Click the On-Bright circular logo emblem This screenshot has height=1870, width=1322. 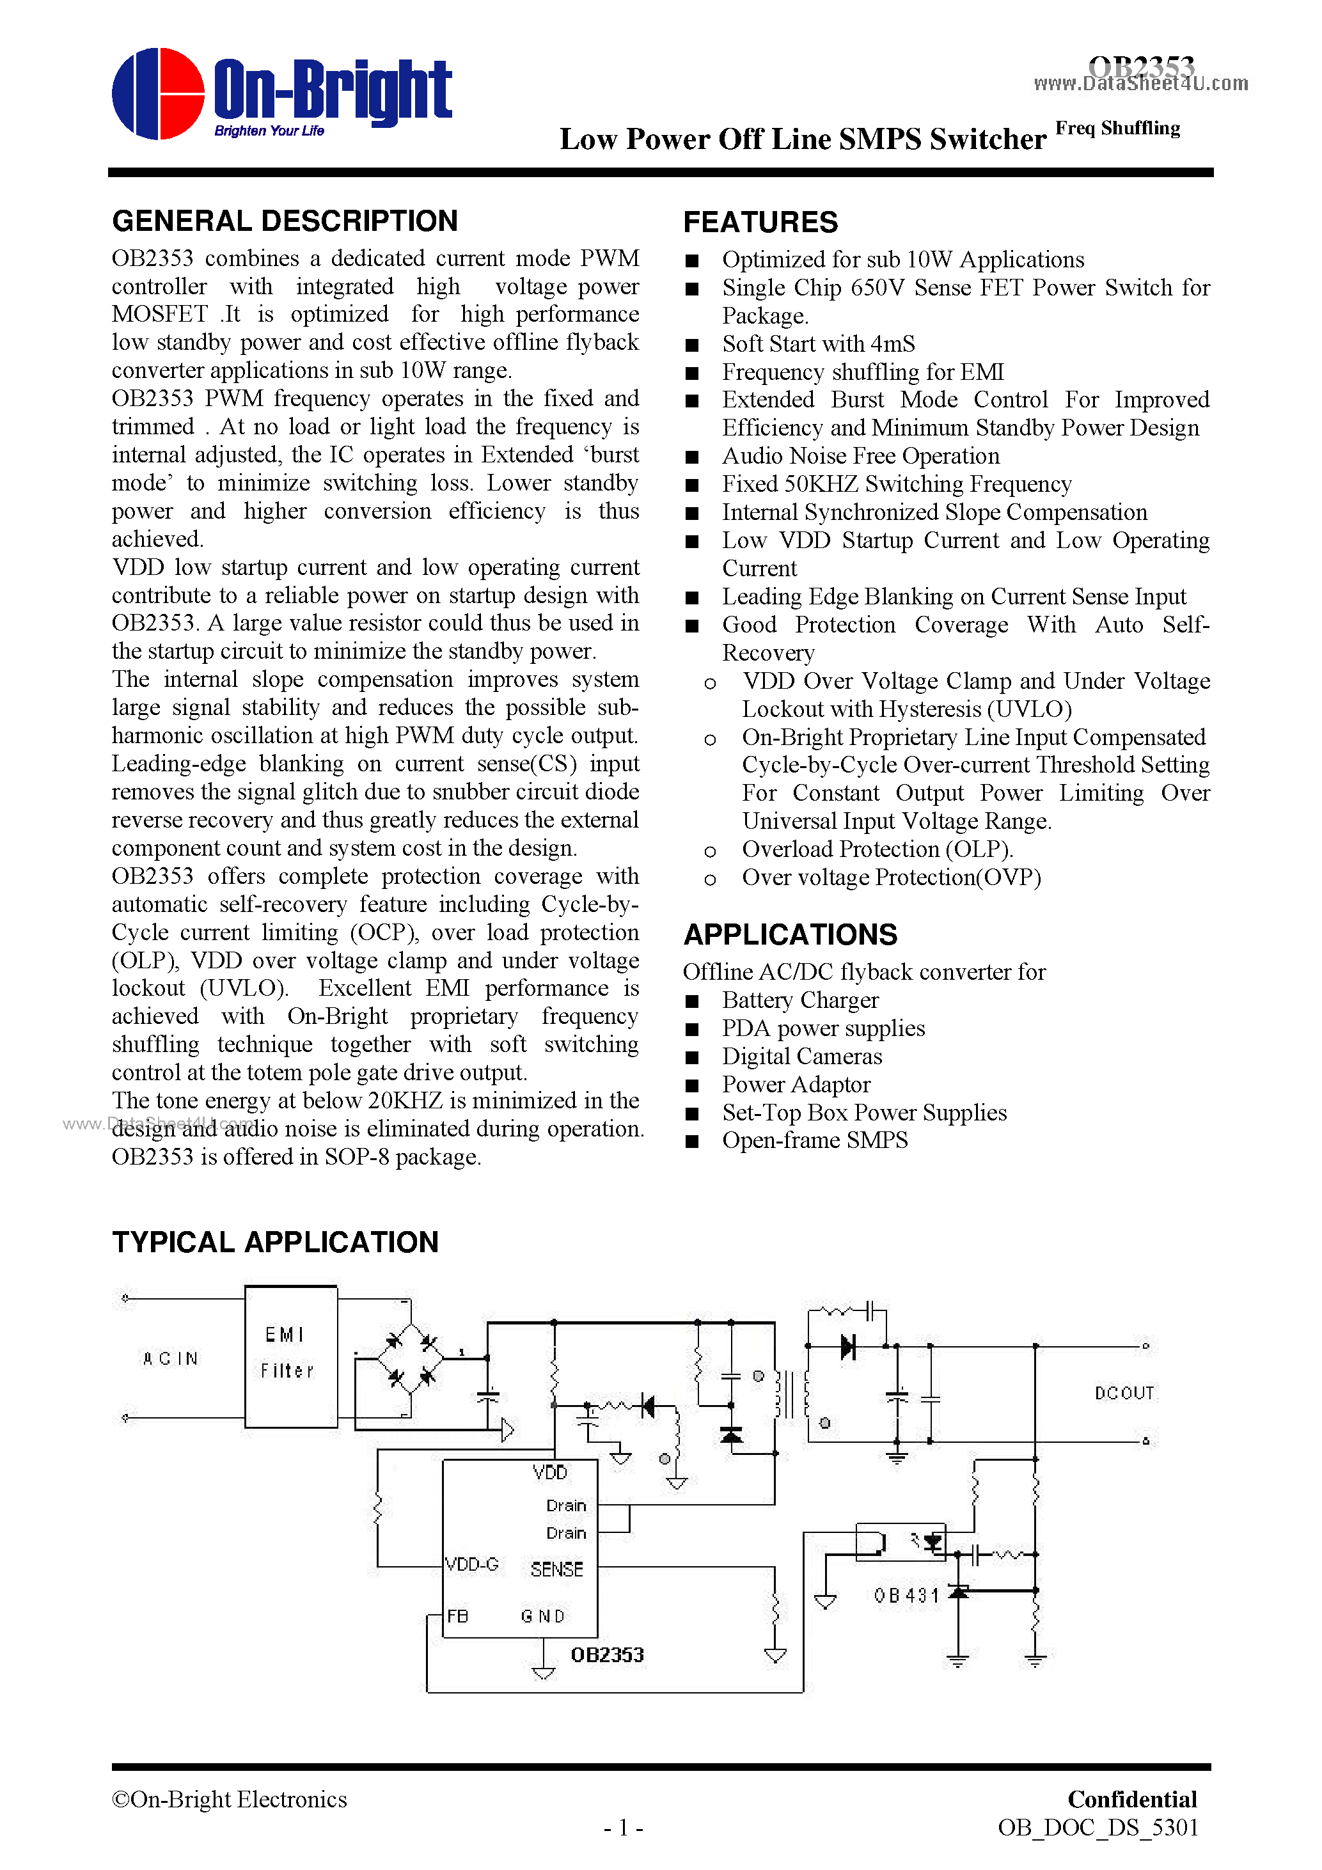click(x=158, y=93)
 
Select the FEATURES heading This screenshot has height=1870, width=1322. click(x=760, y=223)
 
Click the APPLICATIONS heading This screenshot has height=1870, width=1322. click(x=789, y=934)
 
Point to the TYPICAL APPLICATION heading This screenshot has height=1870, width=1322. click(x=275, y=1242)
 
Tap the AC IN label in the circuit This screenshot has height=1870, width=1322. click(x=170, y=1358)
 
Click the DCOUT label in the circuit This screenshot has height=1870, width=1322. click(x=1124, y=1393)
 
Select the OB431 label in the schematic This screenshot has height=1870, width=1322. click(x=906, y=1596)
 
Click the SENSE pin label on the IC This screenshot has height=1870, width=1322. click(x=556, y=1569)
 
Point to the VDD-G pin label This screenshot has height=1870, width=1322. click(x=471, y=1564)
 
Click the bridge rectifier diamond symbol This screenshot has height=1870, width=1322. click(x=411, y=1360)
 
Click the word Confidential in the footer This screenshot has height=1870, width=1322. click(x=1131, y=1799)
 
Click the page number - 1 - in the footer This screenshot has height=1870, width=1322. click(x=623, y=1828)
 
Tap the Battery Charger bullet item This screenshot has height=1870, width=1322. click(x=800, y=1000)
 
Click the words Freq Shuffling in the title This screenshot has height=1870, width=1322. click(x=1117, y=129)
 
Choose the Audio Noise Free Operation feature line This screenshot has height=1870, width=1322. click(x=860, y=456)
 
